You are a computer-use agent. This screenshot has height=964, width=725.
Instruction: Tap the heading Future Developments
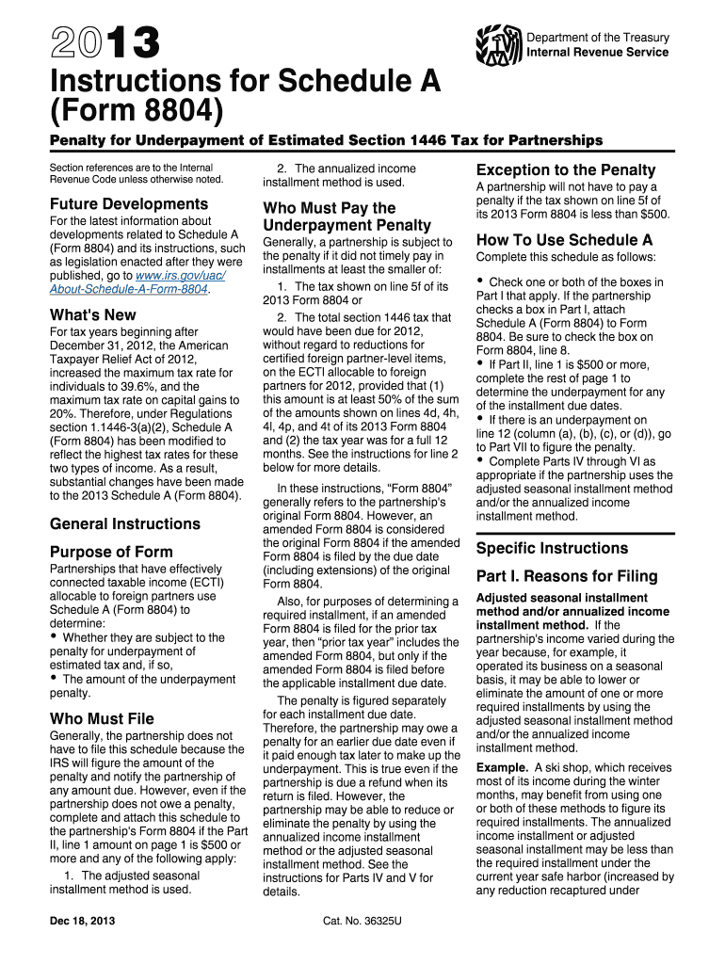pyautogui.click(x=129, y=203)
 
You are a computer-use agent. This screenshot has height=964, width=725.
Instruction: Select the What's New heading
pyautogui.click(x=92, y=314)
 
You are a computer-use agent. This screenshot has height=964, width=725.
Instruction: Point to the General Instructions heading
pyautogui.click(x=124, y=523)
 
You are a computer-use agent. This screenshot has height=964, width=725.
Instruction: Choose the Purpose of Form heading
pyautogui.click(x=111, y=552)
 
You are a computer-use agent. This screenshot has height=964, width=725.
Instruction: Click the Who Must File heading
pyautogui.click(x=102, y=718)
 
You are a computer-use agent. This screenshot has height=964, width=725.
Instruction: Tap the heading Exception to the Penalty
pyautogui.click(x=566, y=169)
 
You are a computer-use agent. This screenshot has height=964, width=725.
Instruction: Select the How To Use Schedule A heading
pyautogui.click(x=564, y=239)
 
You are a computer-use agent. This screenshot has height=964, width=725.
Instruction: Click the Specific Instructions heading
pyautogui.click(x=552, y=548)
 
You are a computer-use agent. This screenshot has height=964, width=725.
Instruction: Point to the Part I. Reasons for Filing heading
pyautogui.click(x=567, y=576)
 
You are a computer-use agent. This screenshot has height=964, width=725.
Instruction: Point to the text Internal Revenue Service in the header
pyautogui.click(x=598, y=52)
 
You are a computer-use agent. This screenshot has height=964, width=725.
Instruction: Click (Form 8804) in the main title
pyautogui.click(x=137, y=115)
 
